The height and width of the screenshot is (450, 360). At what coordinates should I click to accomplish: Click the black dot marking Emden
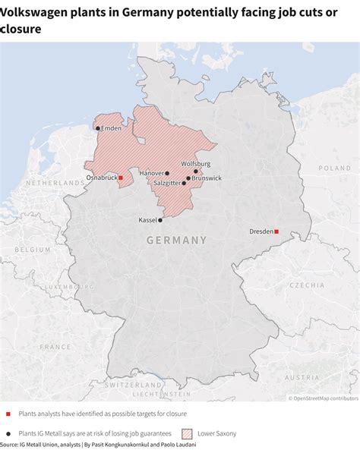click(98, 129)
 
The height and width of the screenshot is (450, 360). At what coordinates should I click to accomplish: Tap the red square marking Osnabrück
click(121, 178)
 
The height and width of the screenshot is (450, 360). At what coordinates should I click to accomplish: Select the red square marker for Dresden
click(276, 231)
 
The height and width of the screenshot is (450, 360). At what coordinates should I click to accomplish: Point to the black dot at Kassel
click(159, 220)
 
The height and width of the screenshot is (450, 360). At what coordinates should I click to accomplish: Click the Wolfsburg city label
click(195, 164)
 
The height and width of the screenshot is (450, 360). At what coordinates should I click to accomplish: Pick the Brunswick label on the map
click(207, 178)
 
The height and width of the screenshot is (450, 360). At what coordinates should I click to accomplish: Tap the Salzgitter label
click(166, 183)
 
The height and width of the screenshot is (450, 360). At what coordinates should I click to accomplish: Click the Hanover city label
click(152, 173)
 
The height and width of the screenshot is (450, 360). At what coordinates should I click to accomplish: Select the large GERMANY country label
click(176, 240)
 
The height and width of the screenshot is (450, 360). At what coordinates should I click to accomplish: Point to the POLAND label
click(335, 168)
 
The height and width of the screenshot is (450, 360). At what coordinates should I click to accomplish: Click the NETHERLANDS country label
click(55, 184)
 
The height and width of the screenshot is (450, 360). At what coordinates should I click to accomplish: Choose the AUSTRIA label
click(302, 377)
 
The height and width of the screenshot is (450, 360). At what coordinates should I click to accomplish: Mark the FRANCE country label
click(55, 346)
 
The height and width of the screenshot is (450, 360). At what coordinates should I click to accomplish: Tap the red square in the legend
click(8, 414)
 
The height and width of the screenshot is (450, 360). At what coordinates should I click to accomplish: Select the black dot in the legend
click(8, 433)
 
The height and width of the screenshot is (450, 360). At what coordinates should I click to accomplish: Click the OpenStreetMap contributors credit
click(323, 398)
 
